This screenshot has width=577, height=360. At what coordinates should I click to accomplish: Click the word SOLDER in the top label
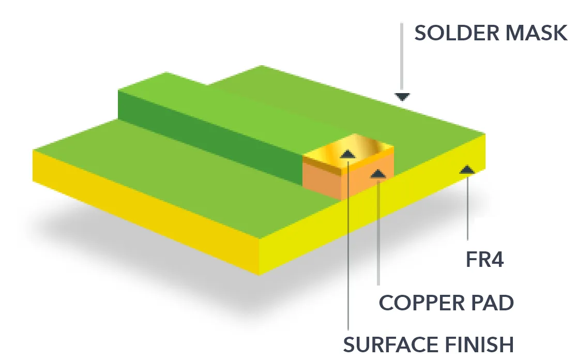[457, 33]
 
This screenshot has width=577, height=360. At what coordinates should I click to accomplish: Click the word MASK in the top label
[536, 33]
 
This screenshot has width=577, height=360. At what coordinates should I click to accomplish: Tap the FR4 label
[484, 260]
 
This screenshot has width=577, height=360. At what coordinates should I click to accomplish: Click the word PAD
[488, 303]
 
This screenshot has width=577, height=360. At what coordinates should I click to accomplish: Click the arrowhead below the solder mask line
[402, 97]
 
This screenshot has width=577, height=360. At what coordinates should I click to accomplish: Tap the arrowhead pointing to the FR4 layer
[467, 169]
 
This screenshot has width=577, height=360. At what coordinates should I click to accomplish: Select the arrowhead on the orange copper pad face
[378, 173]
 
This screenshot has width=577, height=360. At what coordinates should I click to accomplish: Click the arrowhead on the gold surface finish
[347, 154]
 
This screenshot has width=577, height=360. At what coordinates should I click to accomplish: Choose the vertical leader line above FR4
[468, 207]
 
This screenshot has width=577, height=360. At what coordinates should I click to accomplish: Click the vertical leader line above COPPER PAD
[378, 232]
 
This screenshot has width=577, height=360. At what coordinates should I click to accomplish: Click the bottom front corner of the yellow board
[260, 275]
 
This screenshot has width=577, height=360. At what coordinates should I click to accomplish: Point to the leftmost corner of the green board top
[33, 149]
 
